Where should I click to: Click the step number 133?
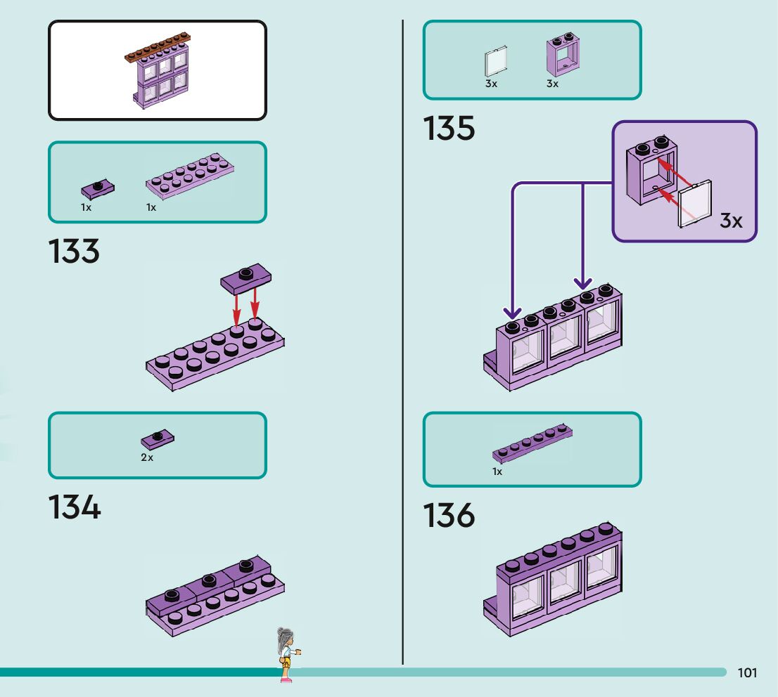74,251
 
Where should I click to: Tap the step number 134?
75,507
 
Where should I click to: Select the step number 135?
449,128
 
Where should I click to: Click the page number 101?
747,672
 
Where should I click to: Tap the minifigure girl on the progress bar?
288,654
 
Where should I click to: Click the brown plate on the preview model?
158,47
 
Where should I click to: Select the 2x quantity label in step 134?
147,457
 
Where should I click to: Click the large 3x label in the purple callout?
731,221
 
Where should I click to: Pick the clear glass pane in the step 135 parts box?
496,62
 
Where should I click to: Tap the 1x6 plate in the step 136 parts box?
532,443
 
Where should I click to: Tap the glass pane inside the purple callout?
695,204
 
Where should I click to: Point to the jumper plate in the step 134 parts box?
158,439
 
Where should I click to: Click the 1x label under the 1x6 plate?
497,471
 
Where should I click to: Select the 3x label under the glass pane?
491,84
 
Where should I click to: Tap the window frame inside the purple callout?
651,169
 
